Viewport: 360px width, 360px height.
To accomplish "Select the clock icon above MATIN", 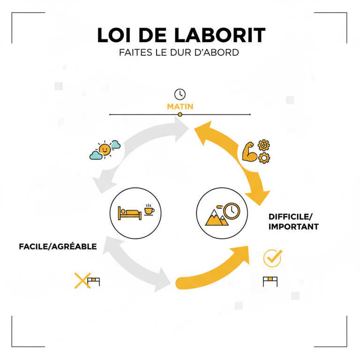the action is tap(180, 93).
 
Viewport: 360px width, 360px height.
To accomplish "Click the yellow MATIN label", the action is tap(180, 107).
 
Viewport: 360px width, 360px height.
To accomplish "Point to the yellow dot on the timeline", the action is tap(180, 114).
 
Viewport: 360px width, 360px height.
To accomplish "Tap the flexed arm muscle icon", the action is tap(249, 151).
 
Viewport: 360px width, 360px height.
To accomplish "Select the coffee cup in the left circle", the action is tap(149, 210).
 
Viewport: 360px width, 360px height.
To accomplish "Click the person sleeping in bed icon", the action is tap(130, 213).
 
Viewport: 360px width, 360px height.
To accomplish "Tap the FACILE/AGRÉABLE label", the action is tap(58, 246).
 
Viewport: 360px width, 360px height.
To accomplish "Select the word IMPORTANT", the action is tap(293, 227).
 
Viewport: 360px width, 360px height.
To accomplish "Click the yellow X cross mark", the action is tap(82, 280).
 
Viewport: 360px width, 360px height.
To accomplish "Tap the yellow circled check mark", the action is tap(273, 257).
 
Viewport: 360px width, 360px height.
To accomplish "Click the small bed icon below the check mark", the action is tap(270, 281).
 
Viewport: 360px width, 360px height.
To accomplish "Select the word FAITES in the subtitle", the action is tap(135, 52).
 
